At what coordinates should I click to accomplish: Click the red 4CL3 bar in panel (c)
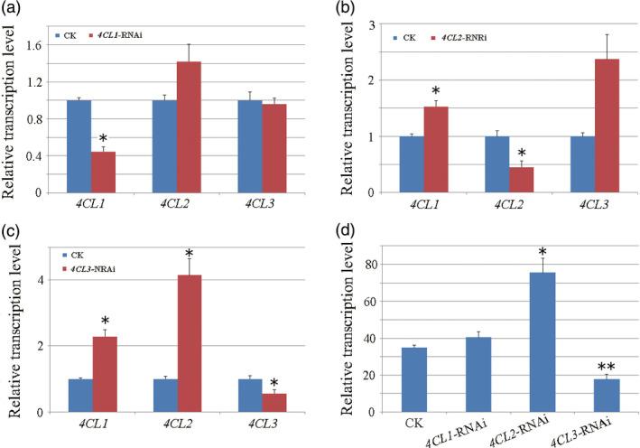pos(276,402)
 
